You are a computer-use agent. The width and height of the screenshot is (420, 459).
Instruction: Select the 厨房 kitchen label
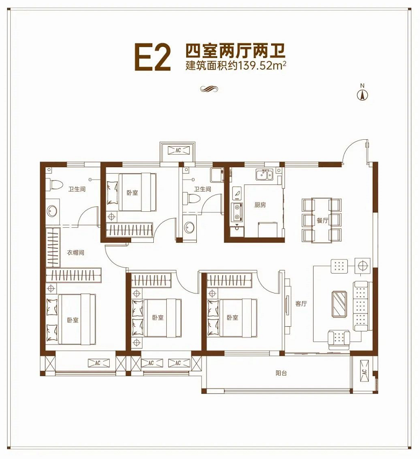tap(260, 205)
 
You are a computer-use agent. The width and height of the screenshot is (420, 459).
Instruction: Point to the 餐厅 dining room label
tap(322, 220)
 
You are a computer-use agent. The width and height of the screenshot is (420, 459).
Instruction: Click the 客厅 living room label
tap(301, 304)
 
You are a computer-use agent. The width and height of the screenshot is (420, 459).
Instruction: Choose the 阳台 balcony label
tap(280, 372)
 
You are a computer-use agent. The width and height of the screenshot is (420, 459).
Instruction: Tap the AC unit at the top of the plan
tap(177, 150)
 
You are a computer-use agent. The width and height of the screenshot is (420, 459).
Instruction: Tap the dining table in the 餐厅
tap(322, 220)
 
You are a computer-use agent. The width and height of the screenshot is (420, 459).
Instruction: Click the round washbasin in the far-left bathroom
tap(52, 211)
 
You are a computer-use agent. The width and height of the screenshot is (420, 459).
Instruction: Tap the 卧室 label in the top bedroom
tap(132, 192)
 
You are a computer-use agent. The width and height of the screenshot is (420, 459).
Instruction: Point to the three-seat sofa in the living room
tap(361, 306)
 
